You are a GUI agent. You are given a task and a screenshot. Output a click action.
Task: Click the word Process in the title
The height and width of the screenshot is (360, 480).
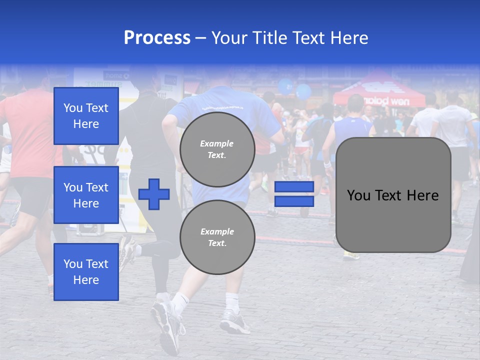click(x=157, y=37)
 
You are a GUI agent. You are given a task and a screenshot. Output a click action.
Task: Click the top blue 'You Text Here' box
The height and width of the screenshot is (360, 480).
click(x=86, y=116)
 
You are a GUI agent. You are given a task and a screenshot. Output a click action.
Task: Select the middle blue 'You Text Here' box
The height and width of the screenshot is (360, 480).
click(x=86, y=195)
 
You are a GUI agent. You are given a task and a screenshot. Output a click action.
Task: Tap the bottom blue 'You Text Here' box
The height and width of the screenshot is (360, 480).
click(x=86, y=272)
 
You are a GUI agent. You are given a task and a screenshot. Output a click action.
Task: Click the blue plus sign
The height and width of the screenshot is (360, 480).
click(x=154, y=194)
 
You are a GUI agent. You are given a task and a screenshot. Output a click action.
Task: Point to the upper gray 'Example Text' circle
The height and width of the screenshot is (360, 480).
click(x=217, y=149)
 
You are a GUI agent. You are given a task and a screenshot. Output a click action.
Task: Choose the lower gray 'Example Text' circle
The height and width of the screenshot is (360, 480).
click(x=217, y=237)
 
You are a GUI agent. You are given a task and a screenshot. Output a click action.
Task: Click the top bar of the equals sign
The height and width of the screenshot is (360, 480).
click(x=294, y=187)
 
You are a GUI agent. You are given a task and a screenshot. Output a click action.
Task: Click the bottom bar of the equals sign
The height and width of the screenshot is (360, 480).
click(x=294, y=201)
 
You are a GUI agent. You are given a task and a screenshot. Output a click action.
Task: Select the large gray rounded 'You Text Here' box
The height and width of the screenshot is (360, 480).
click(x=393, y=195)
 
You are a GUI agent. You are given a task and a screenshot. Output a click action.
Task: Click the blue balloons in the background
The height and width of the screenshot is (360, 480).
click(x=295, y=89)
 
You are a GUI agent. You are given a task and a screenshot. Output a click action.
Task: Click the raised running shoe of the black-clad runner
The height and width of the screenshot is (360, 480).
click(x=127, y=250)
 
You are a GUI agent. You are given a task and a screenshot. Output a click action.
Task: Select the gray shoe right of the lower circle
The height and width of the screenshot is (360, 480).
click(x=235, y=322)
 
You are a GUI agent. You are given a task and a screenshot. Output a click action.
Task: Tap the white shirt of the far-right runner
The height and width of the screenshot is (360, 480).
click(x=452, y=125)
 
